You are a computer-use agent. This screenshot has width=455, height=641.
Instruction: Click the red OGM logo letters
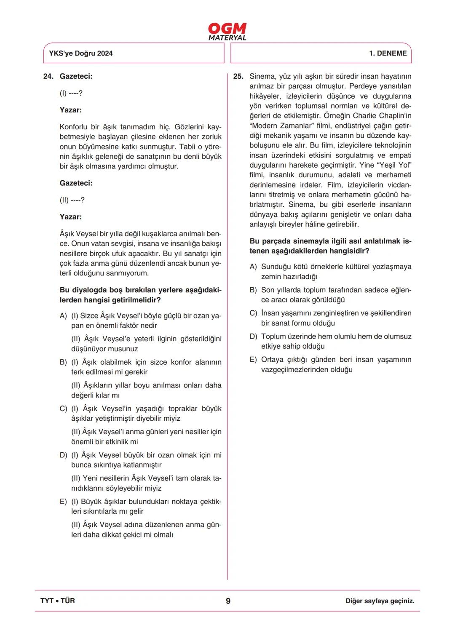pos(227,29)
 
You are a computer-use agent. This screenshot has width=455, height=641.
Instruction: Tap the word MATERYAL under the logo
pos(227,38)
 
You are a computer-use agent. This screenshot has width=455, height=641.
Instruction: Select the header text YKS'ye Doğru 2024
pos(81,53)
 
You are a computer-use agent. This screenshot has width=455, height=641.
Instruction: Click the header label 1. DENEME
pos(388,53)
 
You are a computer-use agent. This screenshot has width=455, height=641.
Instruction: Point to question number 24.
pos(48,76)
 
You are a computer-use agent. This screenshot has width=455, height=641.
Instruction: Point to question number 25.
pos(238,76)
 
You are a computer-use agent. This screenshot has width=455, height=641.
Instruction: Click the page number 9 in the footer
pos(228,601)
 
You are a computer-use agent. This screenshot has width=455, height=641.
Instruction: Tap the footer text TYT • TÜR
pos(58,601)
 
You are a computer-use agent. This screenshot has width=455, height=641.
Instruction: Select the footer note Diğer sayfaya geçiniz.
pos(380,601)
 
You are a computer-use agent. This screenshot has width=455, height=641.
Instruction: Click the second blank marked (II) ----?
pos(72,200)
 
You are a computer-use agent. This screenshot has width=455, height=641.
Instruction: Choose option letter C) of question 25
pos(253,313)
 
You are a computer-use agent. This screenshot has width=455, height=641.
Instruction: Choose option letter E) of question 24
pos(63,502)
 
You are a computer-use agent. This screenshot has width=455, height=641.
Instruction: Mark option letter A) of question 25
pos(253,267)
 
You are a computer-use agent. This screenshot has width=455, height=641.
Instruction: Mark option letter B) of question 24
pos(63,362)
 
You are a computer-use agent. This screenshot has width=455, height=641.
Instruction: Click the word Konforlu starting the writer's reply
pos(74,127)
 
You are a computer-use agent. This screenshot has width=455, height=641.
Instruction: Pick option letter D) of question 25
pos(253,337)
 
